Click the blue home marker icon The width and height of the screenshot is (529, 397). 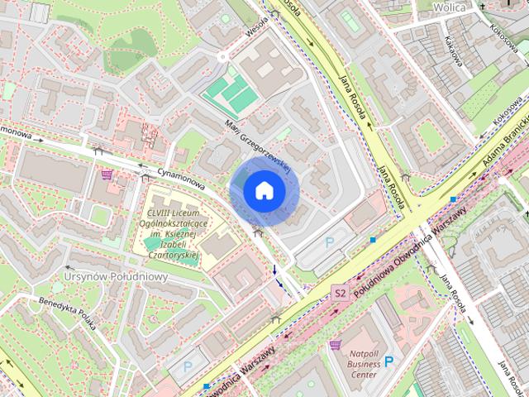pyautogui.click(x=264, y=191)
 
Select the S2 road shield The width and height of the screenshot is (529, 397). pyautogui.click(x=340, y=293)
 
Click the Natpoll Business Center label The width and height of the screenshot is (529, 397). pyautogui.click(x=364, y=361)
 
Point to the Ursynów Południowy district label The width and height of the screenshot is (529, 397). pyautogui.click(x=116, y=276)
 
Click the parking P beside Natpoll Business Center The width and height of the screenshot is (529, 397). pyautogui.click(x=388, y=361)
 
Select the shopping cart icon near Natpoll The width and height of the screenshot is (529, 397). pyautogui.click(x=335, y=344)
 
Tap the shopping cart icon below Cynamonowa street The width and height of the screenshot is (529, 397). pyautogui.click(x=107, y=175)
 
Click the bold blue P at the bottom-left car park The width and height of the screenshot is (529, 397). pyautogui.click(x=187, y=365)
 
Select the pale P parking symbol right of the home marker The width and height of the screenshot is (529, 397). pyautogui.click(x=331, y=242)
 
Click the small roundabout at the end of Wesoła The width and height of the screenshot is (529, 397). pyautogui.click(x=223, y=56)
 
